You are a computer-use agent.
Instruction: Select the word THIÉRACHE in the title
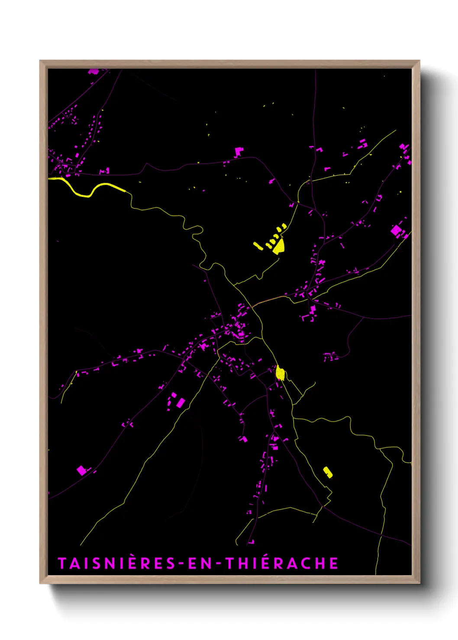coord(282,563)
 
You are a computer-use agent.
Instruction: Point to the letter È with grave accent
coord(133,563)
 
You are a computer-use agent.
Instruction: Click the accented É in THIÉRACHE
coord(267,563)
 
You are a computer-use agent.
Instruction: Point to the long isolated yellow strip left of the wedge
coord(258,246)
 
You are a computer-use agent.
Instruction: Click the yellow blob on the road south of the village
coord(280,373)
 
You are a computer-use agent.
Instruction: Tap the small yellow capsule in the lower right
coord(328,472)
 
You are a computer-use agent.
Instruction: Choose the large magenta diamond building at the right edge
coord(396,230)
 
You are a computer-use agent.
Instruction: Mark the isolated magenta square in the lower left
coord(81,470)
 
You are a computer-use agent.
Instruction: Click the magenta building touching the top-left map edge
coord(93,71)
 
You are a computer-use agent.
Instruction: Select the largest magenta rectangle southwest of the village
coord(181,403)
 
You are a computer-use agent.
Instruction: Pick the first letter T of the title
coord(61,563)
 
